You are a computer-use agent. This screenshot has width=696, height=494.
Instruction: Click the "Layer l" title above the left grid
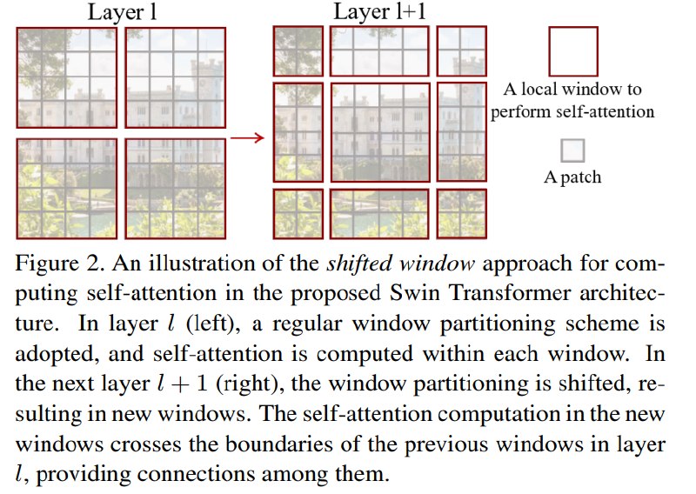click(x=122, y=12)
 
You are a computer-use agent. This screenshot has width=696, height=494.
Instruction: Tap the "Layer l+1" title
click(x=379, y=11)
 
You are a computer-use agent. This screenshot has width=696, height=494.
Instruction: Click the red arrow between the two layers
click(x=247, y=137)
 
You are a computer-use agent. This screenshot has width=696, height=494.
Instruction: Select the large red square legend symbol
click(x=573, y=51)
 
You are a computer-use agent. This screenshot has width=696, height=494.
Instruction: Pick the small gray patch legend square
click(x=572, y=150)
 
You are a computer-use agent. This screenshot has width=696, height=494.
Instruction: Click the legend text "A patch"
click(x=572, y=177)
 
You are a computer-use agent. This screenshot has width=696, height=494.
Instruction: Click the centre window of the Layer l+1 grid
click(x=380, y=132)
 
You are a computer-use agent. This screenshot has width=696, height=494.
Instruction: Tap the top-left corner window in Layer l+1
click(x=298, y=51)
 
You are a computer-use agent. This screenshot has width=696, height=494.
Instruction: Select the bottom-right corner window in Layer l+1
click(x=462, y=214)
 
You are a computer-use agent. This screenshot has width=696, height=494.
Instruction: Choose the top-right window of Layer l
click(x=176, y=77)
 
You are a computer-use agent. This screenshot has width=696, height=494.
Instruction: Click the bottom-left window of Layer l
click(x=67, y=189)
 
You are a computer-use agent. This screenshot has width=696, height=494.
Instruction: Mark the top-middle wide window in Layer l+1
click(x=380, y=51)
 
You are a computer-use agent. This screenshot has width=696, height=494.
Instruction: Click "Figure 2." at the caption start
click(x=60, y=264)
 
